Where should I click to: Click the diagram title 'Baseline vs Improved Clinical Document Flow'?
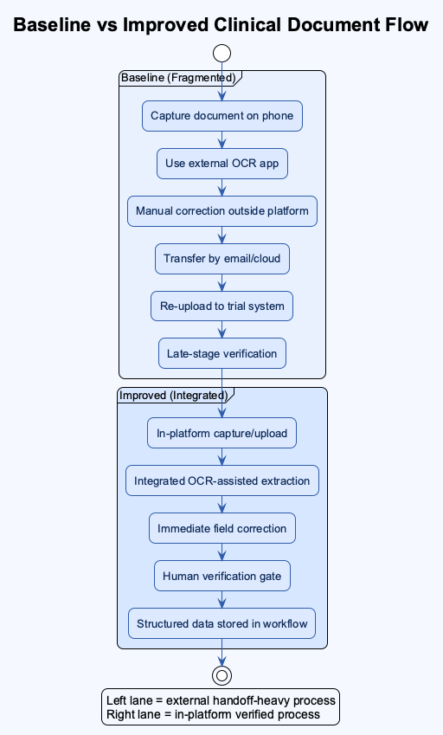coord(221,25)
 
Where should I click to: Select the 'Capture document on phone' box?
coord(222,116)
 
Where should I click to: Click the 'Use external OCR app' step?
coord(222,164)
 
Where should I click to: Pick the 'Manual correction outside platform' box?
coord(222,211)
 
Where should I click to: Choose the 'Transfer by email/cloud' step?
coord(222,258)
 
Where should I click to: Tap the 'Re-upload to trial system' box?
coord(222,306)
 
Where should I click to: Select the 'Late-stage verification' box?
coord(222,353)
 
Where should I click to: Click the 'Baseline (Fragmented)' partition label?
coord(177,78)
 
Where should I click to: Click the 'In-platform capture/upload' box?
coord(222,434)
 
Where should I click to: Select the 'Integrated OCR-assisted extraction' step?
coord(222,480)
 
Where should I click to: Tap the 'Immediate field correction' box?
coord(222,528)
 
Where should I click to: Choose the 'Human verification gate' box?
coord(222,576)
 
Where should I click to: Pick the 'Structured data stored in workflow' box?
coord(222,623)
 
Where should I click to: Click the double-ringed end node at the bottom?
coord(222,674)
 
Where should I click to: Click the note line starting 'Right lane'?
coord(213,714)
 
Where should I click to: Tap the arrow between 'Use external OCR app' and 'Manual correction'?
coord(222,187)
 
